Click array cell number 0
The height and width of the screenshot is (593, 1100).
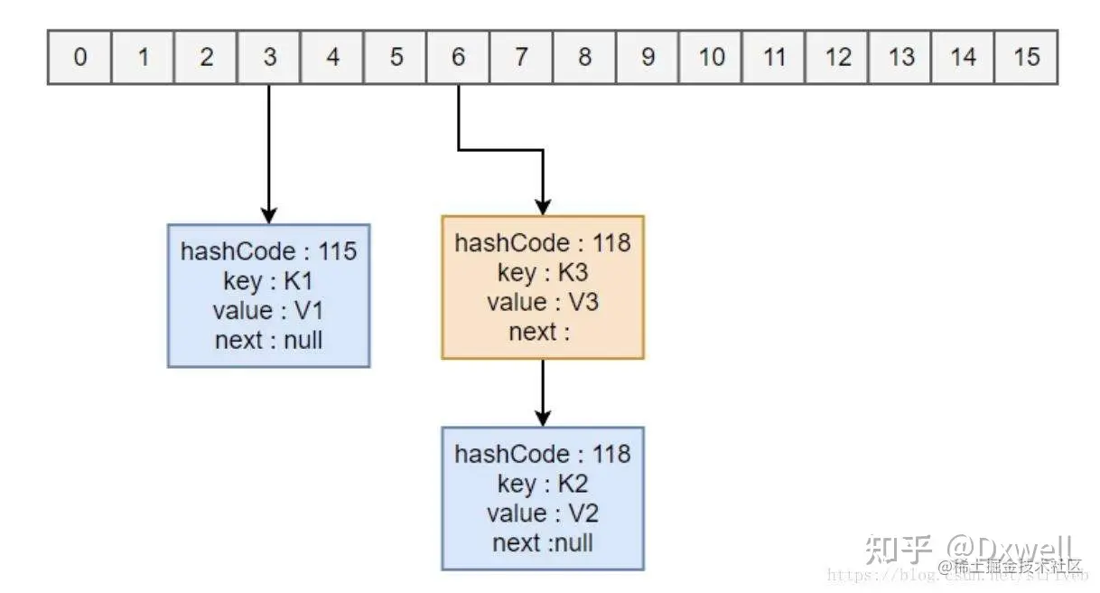(79, 57)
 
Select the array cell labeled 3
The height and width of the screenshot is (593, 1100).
(269, 57)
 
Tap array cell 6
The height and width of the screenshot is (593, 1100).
(458, 57)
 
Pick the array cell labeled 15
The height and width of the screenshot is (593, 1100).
(1026, 57)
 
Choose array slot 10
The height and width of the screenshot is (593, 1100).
(711, 57)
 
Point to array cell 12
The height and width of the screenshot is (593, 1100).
(837, 57)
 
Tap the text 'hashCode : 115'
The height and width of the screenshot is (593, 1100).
(269, 251)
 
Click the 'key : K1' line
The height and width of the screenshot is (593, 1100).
(269, 281)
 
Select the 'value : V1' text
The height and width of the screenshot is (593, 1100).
(269, 311)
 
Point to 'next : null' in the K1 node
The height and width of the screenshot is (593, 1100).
(269, 341)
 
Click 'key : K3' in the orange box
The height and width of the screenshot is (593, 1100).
(543, 272)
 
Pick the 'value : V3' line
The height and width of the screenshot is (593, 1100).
(543, 302)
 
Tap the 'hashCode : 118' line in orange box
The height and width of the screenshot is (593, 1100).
(543, 243)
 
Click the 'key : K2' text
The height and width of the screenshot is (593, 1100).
(543, 484)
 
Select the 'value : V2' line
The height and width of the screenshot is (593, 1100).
(543, 513)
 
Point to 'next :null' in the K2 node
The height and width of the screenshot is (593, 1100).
(543, 542)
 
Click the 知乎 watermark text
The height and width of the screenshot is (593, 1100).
(898, 549)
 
